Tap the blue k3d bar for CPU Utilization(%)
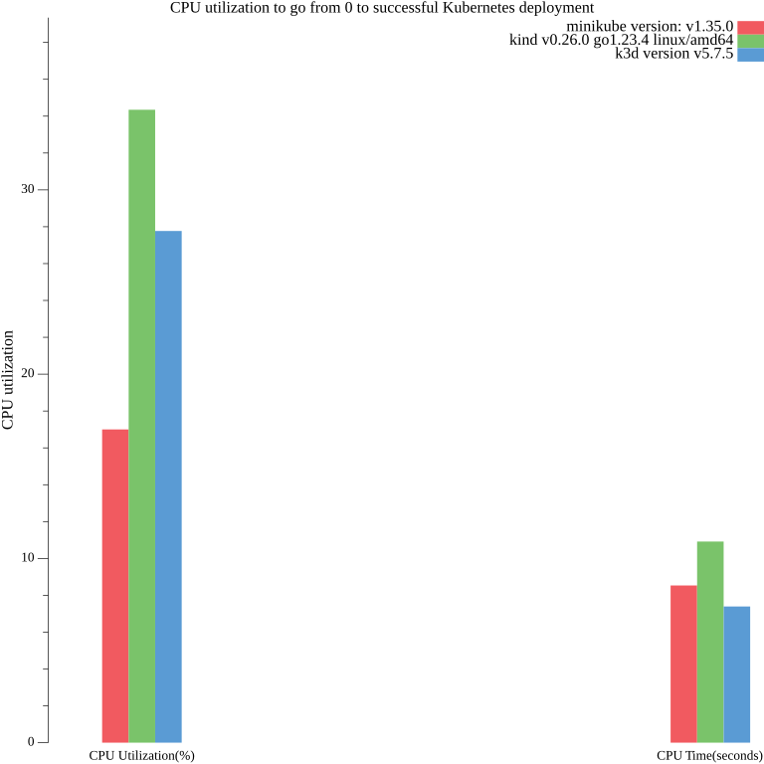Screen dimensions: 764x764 pos(168,486)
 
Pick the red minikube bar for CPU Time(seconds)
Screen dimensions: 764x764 pos(683,664)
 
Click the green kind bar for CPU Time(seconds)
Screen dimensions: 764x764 pos(710,642)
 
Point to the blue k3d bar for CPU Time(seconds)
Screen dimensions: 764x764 pos(736,674)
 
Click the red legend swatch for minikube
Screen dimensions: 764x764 pos(750,27)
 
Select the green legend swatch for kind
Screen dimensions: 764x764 pos(750,41)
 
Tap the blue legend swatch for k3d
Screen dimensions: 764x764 pos(750,55)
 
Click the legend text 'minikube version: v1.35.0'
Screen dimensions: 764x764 pos(650,26)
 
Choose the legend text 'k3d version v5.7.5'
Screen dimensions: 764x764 pos(673,54)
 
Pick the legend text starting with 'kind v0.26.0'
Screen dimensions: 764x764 pos(621,40)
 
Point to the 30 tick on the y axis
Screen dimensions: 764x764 pos(29,189)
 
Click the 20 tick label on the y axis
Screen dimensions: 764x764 pos(29,374)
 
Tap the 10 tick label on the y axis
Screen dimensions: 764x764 pos(29,558)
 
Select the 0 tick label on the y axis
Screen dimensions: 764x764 pos(32,742)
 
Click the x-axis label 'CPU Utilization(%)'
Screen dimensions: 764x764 pos(141,755)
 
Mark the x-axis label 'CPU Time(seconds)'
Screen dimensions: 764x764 pos(709,755)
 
